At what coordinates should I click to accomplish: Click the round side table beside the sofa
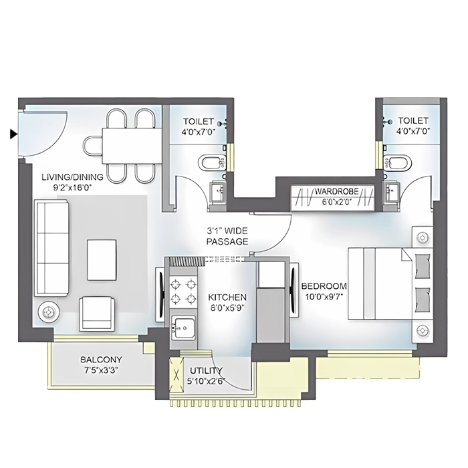pos(49,312)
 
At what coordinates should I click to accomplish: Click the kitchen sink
pos(183,328)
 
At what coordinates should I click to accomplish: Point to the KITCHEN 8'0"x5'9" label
pos(227,302)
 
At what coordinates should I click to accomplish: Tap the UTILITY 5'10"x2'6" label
pos(207,376)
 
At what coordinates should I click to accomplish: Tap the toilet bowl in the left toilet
pos(209,162)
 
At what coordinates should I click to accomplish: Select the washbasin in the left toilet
pos(219,192)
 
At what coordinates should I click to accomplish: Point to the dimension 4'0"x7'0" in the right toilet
pos(413,132)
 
